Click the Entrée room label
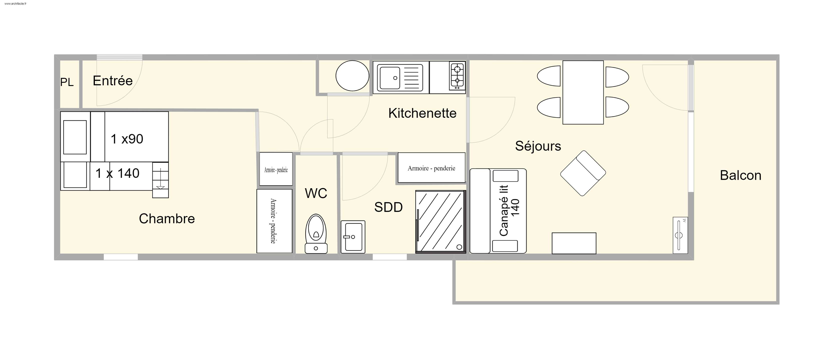(x=113, y=81)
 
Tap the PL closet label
(x=67, y=82)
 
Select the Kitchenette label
(x=422, y=113)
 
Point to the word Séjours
(x=538, y=146)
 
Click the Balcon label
(x=740, y=175)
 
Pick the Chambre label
(x=167, y=219)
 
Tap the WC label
(x=316, y=193)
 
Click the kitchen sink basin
(x=390, y=78)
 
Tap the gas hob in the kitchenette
(x=457, y=76)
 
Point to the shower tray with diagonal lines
(x=441, y=222)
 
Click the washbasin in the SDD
(x=353, y=237)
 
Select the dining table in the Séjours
(x=583, y=92)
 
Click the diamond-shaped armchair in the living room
(x=583, y=173)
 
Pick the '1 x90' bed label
(x=127, y=139)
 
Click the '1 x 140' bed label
(x=117, y=173)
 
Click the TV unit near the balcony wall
(x=680, y=235)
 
